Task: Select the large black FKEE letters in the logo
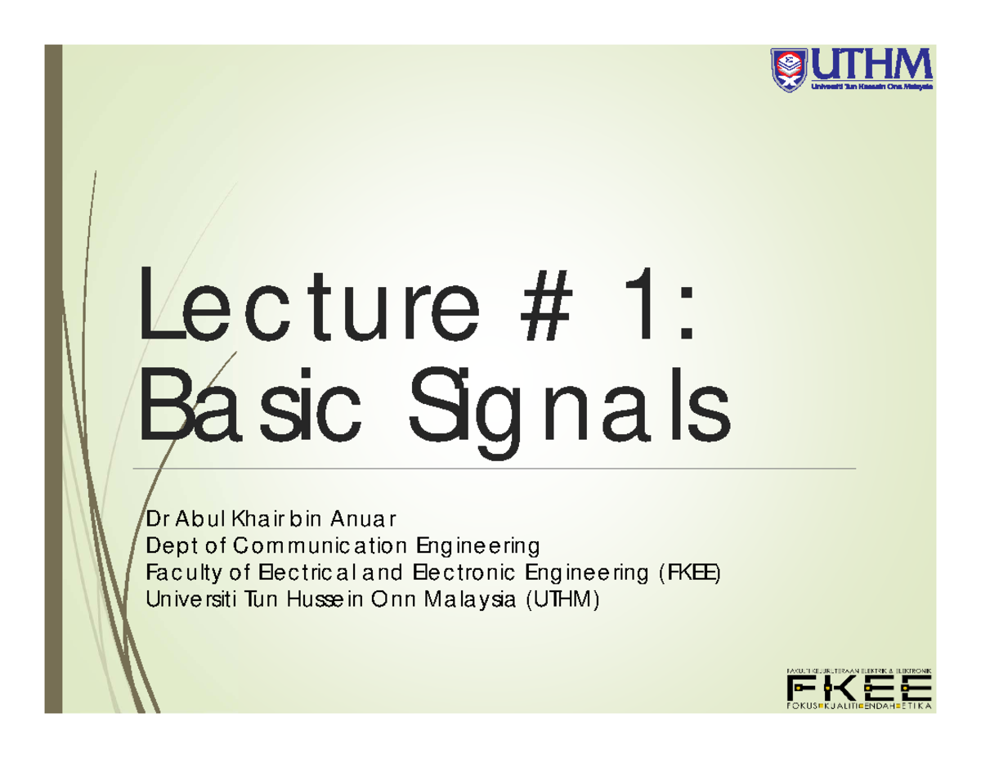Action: pos(858,687)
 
